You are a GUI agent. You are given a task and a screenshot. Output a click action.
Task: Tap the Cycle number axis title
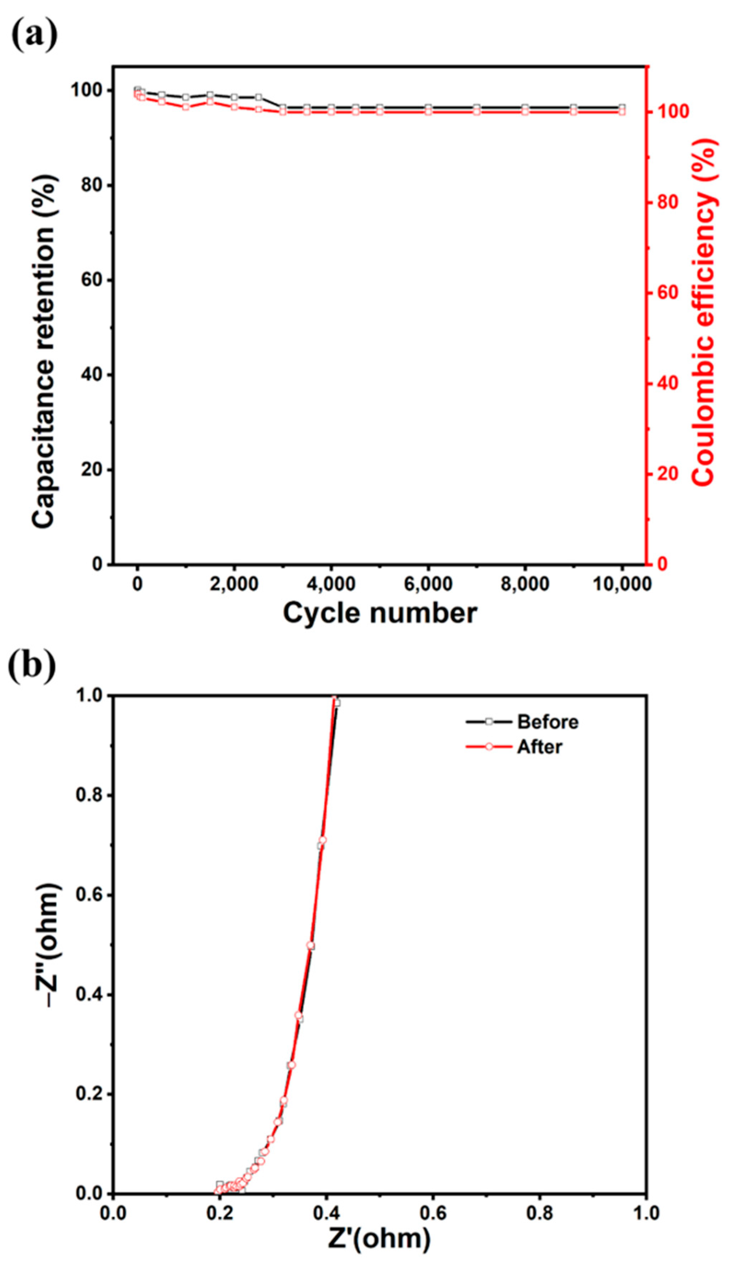coord(380,613)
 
